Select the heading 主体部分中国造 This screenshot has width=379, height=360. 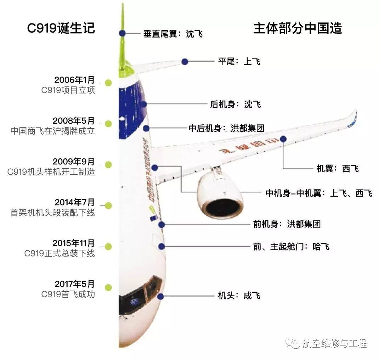coord(297,28)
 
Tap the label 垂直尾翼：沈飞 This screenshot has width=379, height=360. coord(173,34)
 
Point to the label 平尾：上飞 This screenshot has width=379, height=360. coord(239,61)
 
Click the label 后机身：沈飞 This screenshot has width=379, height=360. coord(235,104)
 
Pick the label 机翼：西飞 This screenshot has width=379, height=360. coord(337,169)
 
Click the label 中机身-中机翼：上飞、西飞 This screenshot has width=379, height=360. coord(319,193)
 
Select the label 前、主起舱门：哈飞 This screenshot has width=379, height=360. coord(291,247)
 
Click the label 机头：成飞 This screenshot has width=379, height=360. coord(239,295)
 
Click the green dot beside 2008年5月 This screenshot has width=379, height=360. coord(108,124)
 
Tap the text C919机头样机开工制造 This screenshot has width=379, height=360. coord(51,172)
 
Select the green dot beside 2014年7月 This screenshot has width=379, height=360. coord(108,205)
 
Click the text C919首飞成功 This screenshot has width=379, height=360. coord(68,294)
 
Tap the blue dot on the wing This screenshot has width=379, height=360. coord(283,139)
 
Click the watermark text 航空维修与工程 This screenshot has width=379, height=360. coord(334,343)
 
